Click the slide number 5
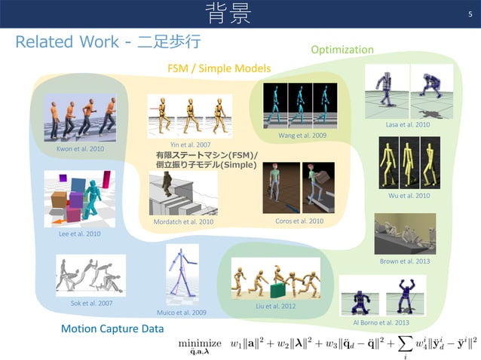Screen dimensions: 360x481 [x=470, y=13]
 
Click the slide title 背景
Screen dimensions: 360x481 [x=229, y=13]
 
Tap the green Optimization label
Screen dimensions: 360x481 [x=342, y=50]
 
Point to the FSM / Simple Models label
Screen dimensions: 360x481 [x=219, y=69]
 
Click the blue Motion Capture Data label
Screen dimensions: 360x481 [x=112, y=329]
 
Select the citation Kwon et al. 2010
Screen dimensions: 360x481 [x=81, y=149]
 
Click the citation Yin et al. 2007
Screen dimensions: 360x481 [x=190, y=144]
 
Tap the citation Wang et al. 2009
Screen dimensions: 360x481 [x=302, y=136]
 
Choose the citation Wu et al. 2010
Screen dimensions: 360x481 [x=409, y=196]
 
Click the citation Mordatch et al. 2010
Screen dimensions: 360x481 [x=183, y=222]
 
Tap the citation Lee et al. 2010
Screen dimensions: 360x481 [x=79, y=234]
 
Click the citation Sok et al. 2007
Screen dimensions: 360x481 [x=91, y=303]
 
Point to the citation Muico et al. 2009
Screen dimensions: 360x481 [x=181, y=312]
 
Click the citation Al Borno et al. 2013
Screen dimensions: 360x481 [x=381, y=322]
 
